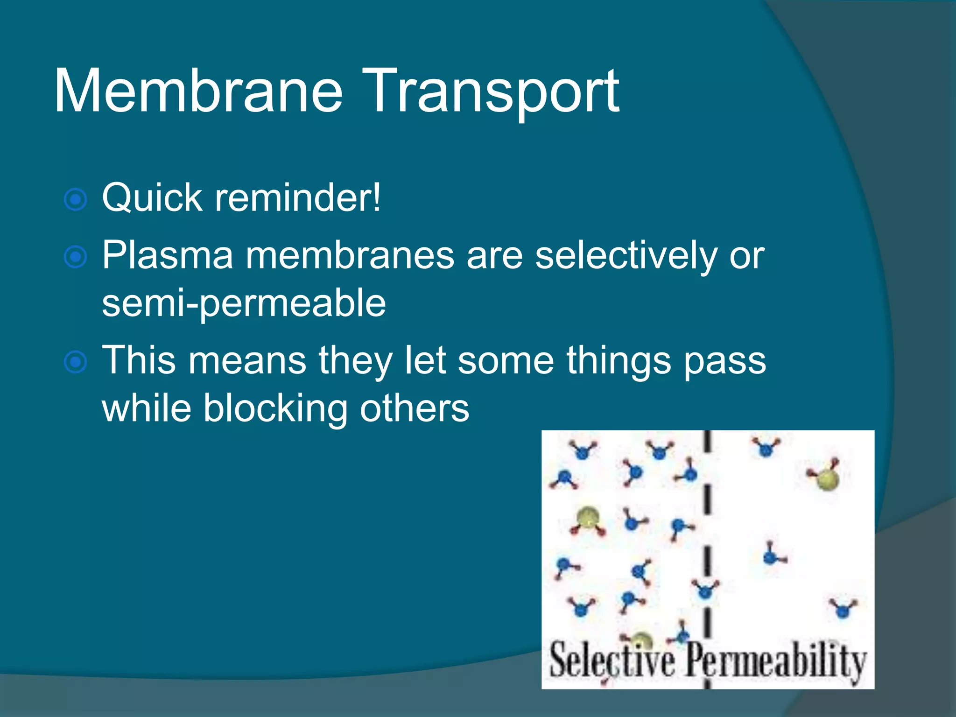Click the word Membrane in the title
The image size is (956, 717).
point(198,91)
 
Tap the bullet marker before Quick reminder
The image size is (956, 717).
point(75,200)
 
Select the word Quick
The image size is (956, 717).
point(152,198)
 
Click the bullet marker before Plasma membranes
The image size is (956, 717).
point(75,257)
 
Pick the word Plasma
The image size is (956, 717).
point(167,255)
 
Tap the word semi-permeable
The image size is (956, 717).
point(244,304)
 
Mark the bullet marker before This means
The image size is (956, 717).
point(75,362)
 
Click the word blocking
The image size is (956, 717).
point(275,408)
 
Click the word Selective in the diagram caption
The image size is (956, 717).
point(612,660)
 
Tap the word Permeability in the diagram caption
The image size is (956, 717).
point(775,660)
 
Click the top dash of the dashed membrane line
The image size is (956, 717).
point(707,441)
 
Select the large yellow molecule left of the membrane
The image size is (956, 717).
point(587,519)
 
